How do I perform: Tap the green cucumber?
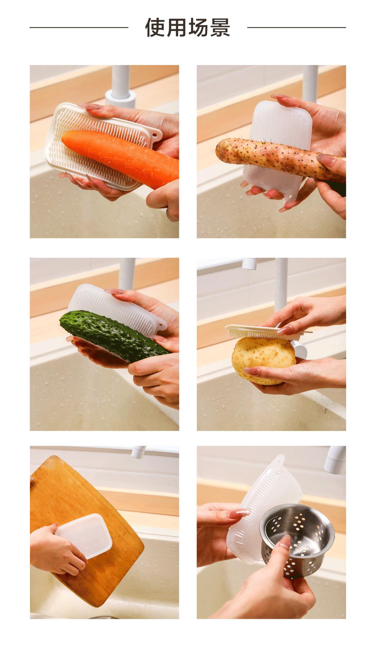click(x=110, y=333)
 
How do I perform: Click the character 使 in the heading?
click(x=156, y=27)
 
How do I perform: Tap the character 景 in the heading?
click(x=219, y=27)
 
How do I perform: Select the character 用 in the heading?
click(x=177, y=27)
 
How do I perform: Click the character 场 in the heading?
click(x=198, y=27)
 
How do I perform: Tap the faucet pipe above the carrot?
click(x=120, y=82)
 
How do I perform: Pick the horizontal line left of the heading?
click(x=79, y=27)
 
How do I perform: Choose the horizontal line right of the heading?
click(x=296, y=27)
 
